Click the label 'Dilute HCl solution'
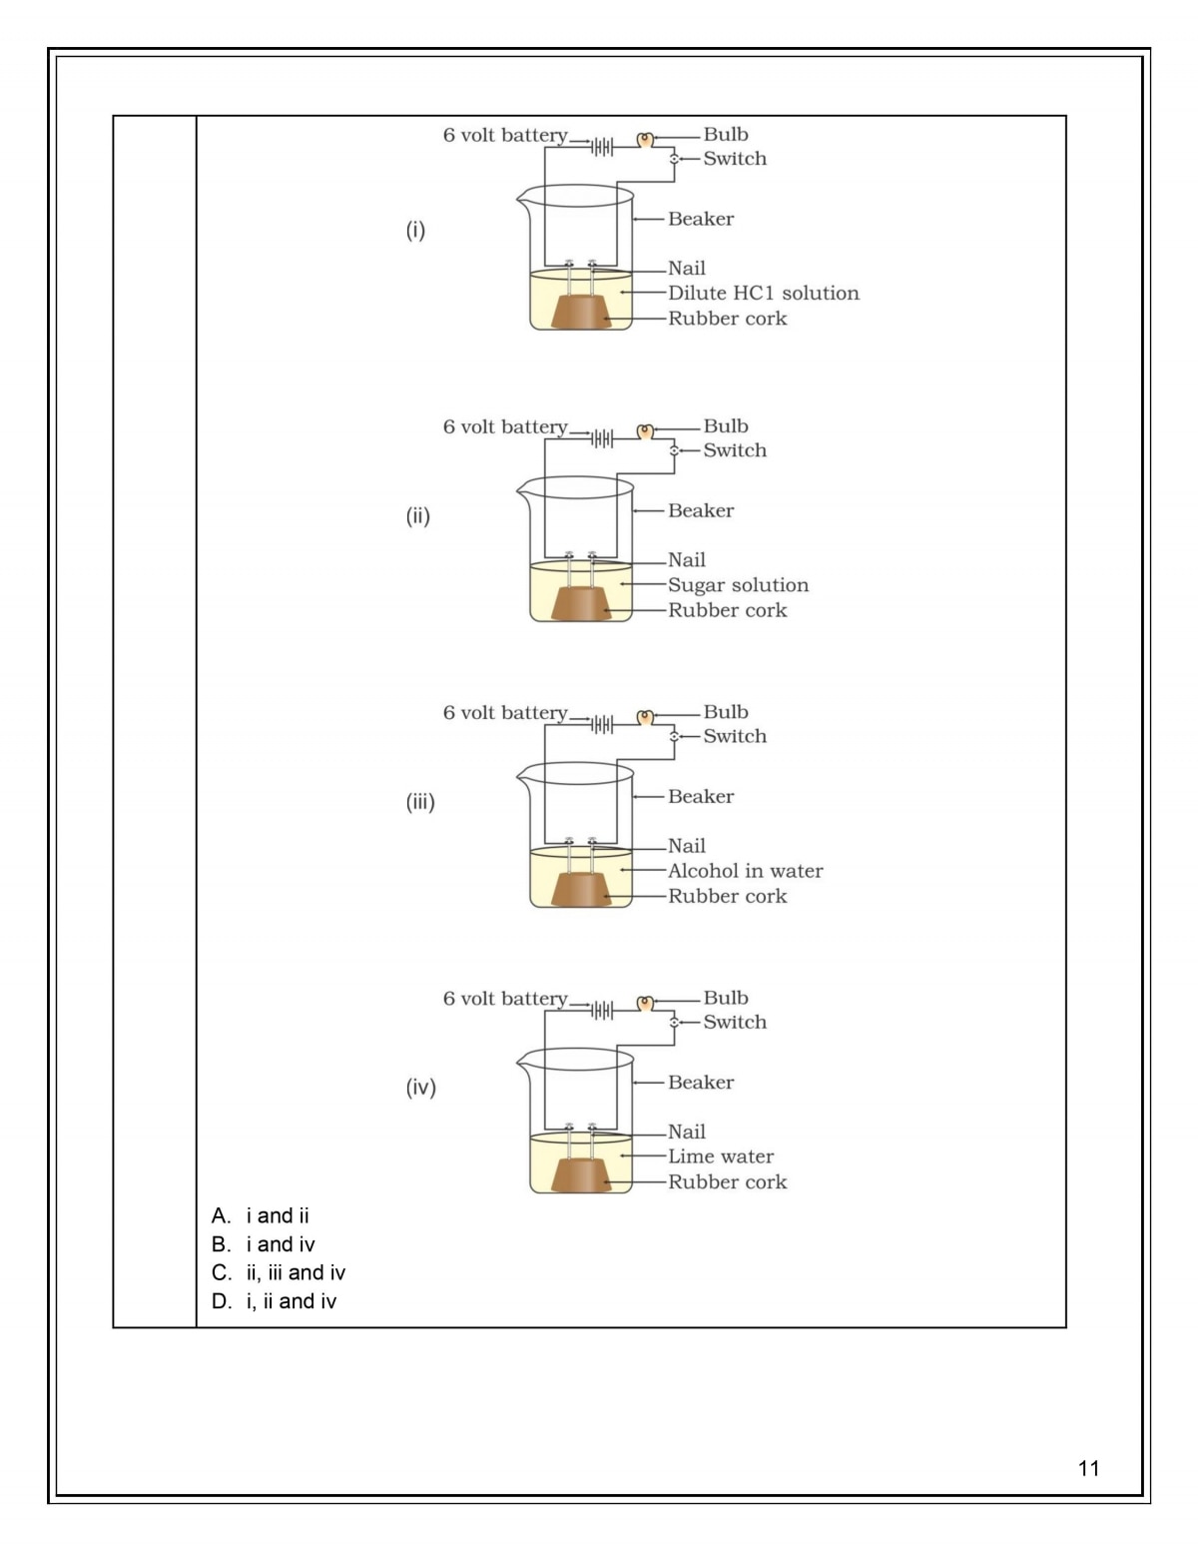763,294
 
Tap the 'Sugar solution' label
738,585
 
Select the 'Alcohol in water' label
745,871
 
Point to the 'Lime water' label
721,1157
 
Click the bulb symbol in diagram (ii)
645,431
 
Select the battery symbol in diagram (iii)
601,724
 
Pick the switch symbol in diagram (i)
674,159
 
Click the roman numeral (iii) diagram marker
420,802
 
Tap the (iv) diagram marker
420,1088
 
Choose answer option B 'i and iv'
265,1244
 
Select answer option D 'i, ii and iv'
276,1301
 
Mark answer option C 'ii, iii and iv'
280,1272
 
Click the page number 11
1088,1468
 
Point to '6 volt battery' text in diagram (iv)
505,999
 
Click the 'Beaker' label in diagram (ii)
701,510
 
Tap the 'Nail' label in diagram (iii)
687,846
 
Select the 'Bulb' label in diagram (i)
726,135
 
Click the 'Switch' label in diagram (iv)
735,1022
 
